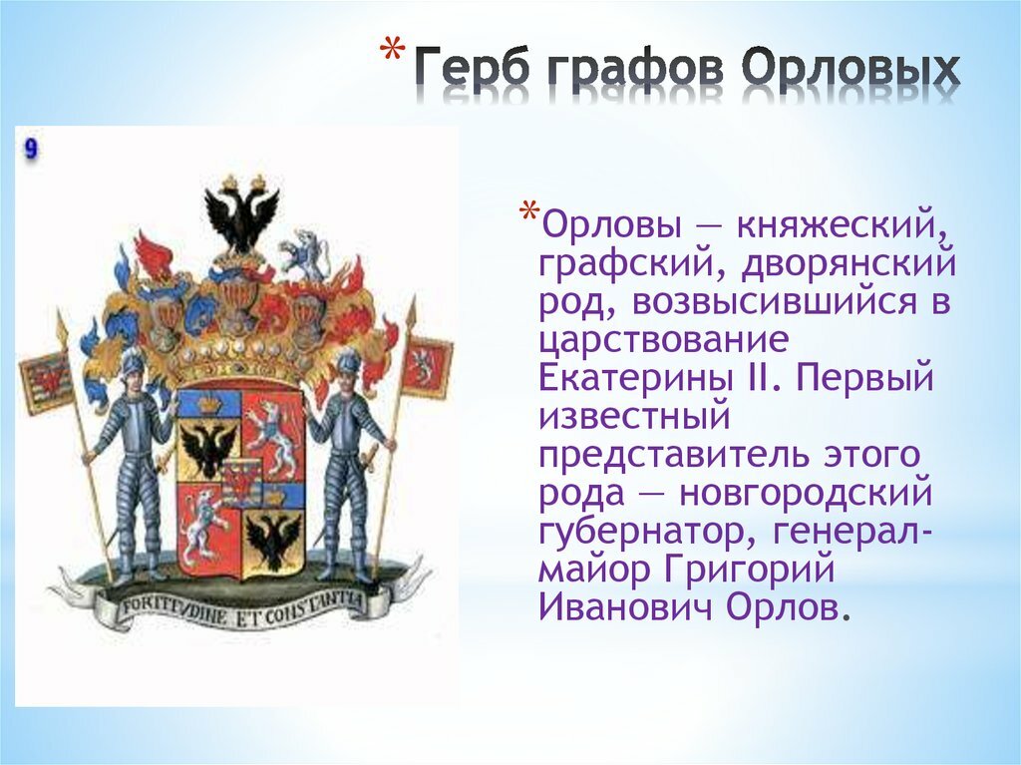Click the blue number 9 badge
pyautogui.click(x=31, y=150)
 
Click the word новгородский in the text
pyautogui.click(x=806, y=494)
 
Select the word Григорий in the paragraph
pyautogui.click(x=750, y=569)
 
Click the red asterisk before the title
pyautogui.click(x=391, y=52)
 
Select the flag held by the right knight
pyautogui.click(x=426, y=367)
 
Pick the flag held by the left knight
pyautogui.click(x=45, y=382)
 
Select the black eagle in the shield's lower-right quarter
pyautogui.click(x=274, y=539)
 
